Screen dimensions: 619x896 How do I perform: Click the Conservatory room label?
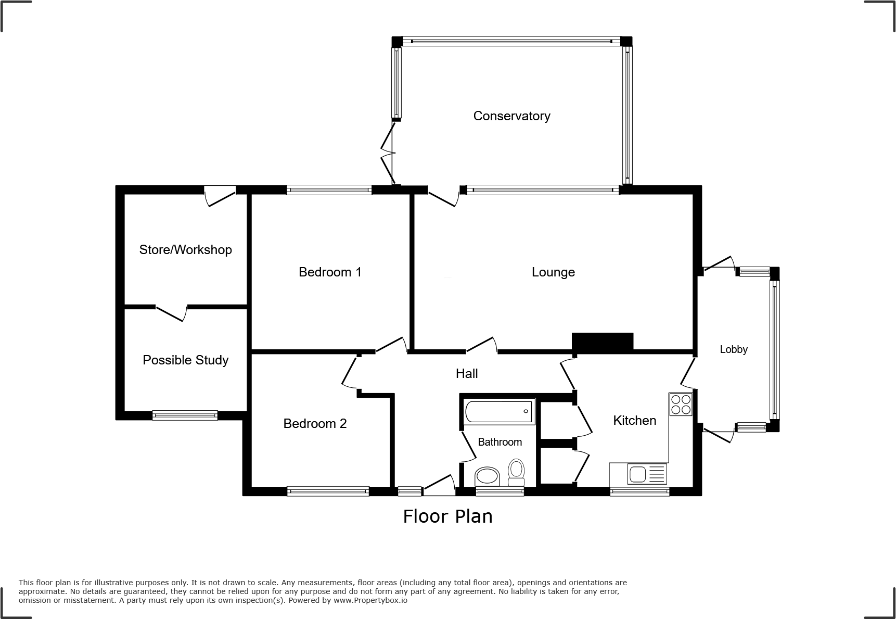[511, 116]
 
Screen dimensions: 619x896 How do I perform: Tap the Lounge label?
[553, 272]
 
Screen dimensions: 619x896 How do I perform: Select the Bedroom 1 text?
[330, 272]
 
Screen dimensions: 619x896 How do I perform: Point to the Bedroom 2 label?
[315, 424]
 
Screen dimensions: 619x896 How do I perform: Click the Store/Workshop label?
[185, 250]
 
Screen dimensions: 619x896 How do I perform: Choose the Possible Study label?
[185, 360]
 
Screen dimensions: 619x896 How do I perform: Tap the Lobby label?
[734, 350]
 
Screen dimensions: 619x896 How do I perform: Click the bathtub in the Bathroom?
[499, 411]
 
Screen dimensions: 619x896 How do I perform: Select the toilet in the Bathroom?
[516, 471]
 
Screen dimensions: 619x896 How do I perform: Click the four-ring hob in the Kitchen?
[681, 405]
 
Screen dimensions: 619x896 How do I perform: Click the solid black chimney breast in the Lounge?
[603, 342]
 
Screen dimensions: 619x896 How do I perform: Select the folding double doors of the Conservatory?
[388, 154]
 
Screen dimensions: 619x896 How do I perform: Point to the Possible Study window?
[185, 415]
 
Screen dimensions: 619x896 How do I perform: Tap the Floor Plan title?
[447, 516]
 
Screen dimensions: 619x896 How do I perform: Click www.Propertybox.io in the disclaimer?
[370, 600]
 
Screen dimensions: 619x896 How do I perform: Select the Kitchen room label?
[634, 421]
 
